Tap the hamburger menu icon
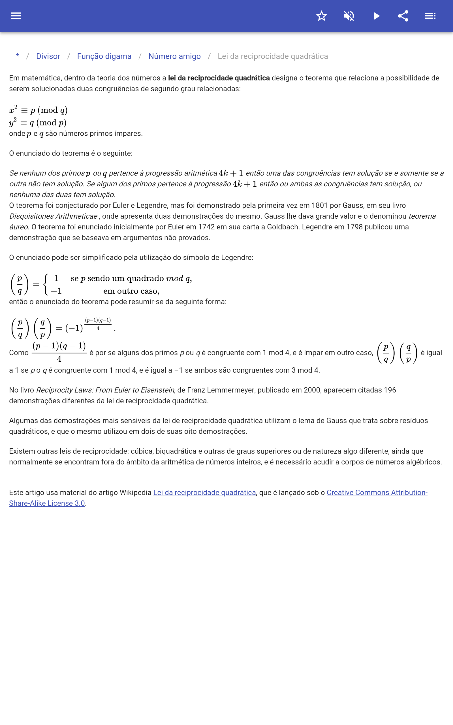point(16,16)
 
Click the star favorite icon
point(321,16)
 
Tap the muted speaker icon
point(349,16)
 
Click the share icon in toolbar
point(403,16)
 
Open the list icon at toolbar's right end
point(430,16)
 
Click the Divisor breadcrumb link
point(48,56)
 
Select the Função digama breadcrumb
point(104,56)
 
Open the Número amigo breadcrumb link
point(174,56)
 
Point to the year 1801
point(319,206)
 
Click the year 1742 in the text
point(206,227)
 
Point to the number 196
point(390,390)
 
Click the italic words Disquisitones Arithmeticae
point(53,216)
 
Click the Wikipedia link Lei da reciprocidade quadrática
point(204,492)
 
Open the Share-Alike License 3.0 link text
point(47,503)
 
